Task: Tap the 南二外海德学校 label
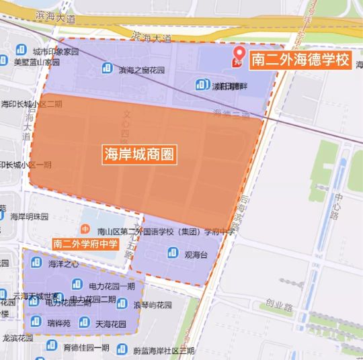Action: pos(300,60)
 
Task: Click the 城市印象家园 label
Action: pos(56,52)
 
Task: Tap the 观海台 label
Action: pos(196,255)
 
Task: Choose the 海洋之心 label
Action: pos(63,264)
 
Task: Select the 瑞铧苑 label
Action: pos(58,323)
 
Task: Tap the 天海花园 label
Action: pos(111,324)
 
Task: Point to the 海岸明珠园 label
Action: pos(30,216)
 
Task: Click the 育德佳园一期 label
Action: pos(86,347)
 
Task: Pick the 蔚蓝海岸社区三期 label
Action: pos(163,350)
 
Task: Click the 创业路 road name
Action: pos(277,308)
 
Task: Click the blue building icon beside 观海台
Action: pos(172,253)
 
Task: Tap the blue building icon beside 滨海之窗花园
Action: pos(108,67)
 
